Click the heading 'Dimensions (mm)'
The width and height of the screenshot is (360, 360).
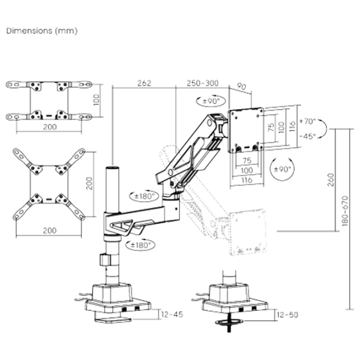click(41, 30)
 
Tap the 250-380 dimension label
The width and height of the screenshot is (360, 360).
click(202, 83)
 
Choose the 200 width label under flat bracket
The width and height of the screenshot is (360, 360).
click(50, 127)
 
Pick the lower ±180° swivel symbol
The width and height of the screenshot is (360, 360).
click(140, 245)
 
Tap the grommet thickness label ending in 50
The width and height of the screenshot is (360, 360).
click(289, 314)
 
